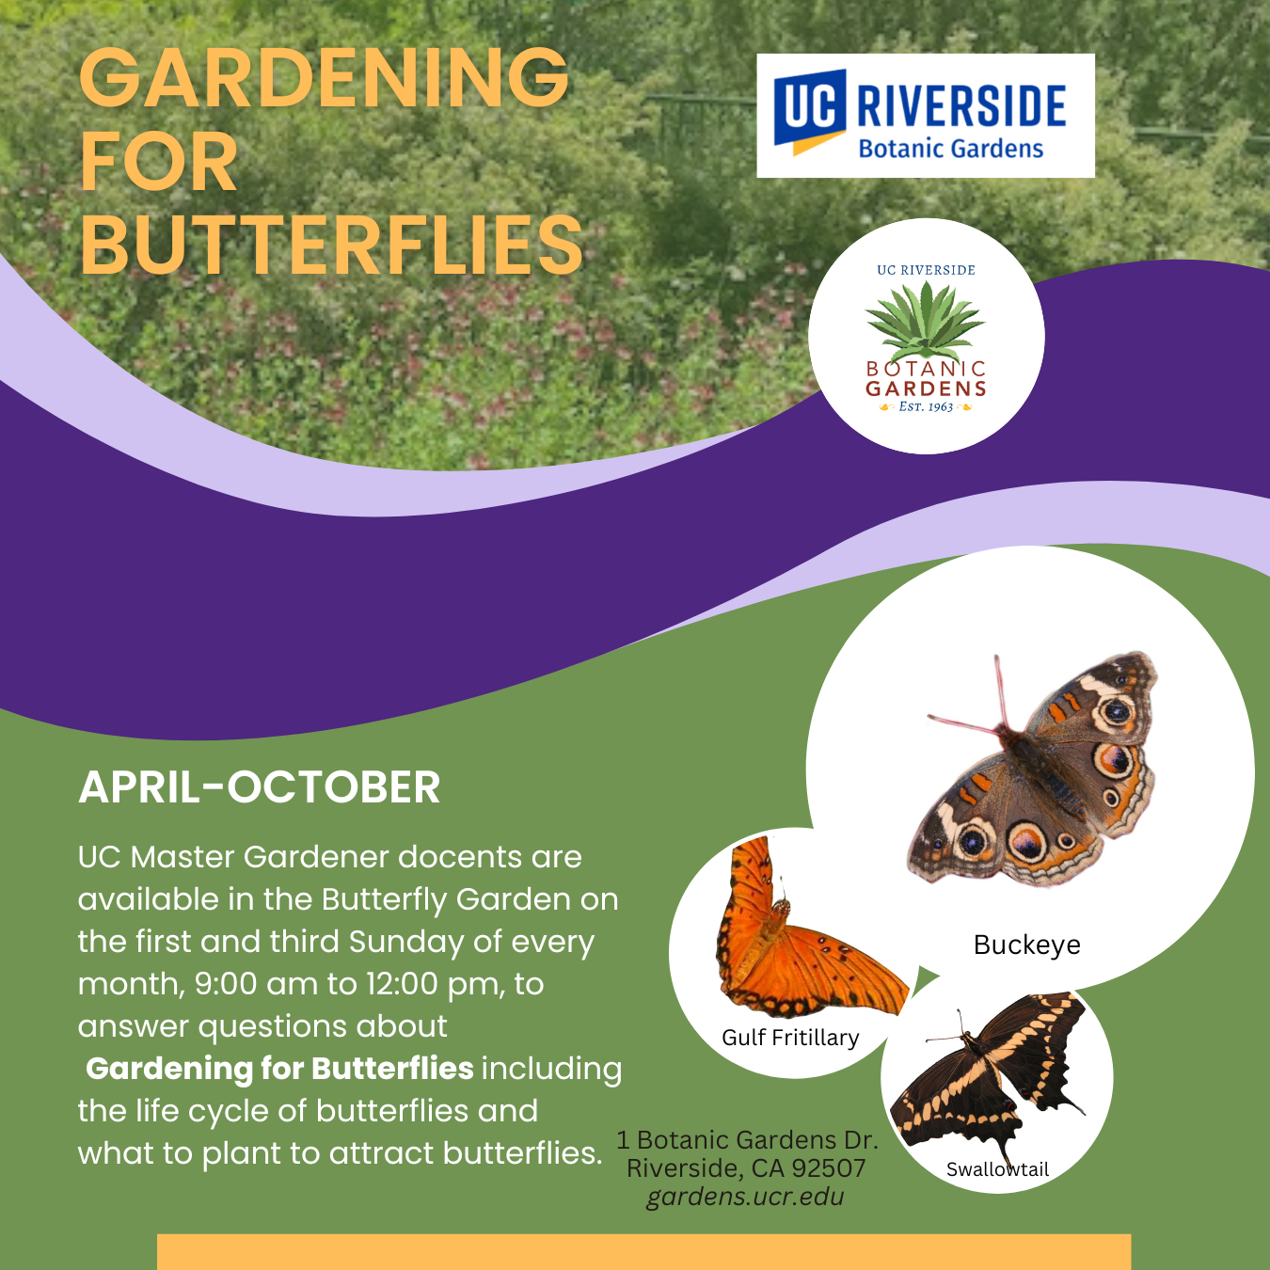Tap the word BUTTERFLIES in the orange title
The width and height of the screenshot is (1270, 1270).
(331, 246)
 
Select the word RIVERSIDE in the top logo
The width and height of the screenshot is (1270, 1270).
(960, 105)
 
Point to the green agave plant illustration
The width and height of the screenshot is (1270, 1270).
(926, 320)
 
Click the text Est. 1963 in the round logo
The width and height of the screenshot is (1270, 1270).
(926, 406)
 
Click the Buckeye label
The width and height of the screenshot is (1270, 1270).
(1026, 945)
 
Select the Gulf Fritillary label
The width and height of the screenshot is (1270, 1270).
(790, 1038)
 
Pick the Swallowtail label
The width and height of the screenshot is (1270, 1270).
(997, 1169)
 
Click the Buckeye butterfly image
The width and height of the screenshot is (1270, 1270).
(1032, 769)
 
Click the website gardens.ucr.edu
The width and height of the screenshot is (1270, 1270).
(745, 1197)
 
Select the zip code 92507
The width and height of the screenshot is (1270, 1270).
(829, 1167)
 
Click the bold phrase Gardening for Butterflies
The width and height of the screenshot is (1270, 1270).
(279, 1069)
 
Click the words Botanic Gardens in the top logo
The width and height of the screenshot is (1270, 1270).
(950, 149)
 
